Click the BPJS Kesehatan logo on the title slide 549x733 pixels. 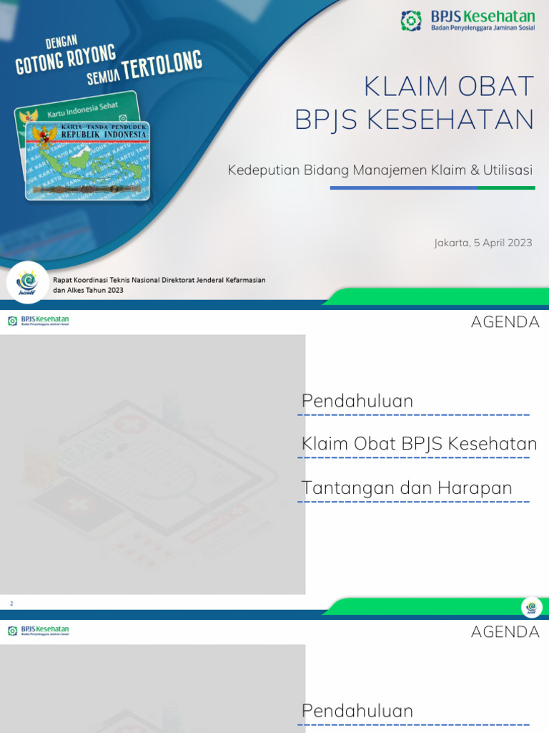(x=466, y=20)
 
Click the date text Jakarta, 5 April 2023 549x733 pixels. (x=483, y=243)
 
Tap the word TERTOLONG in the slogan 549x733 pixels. (x=162, y=66)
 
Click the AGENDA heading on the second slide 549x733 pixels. (x=505, y=322)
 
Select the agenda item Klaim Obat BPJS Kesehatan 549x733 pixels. (x=419, y=445)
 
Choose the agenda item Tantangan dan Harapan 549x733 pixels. (x=407, y=488)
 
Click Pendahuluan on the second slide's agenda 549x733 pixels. (x=357, y=402)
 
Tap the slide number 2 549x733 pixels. (x=11, y=604)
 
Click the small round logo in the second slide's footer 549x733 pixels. (x=531, y=607)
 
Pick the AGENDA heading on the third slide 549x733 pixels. (x=505, y=632)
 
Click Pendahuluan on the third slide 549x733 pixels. (x=357, y=711)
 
